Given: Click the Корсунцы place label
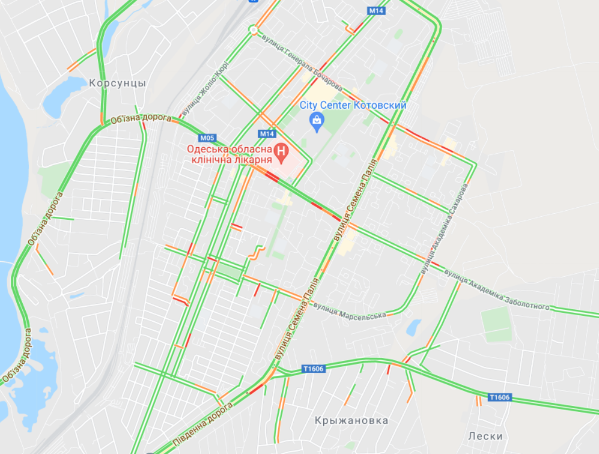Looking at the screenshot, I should [117, 83].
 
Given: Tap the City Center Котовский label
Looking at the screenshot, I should [353, 106].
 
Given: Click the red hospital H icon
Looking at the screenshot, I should [281, 153].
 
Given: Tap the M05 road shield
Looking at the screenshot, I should [207, 138].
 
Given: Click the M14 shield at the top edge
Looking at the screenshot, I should [376, 11].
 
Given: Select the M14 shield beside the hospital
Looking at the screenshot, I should [267, 133].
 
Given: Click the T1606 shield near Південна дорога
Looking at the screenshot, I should [314, 369].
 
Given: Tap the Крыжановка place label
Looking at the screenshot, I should [351, 420].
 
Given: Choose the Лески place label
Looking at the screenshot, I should [485, 436].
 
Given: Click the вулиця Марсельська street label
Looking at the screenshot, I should [348, 312].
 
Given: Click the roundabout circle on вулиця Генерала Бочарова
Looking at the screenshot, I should [254, 29].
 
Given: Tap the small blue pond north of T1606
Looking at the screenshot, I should [413, 327].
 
